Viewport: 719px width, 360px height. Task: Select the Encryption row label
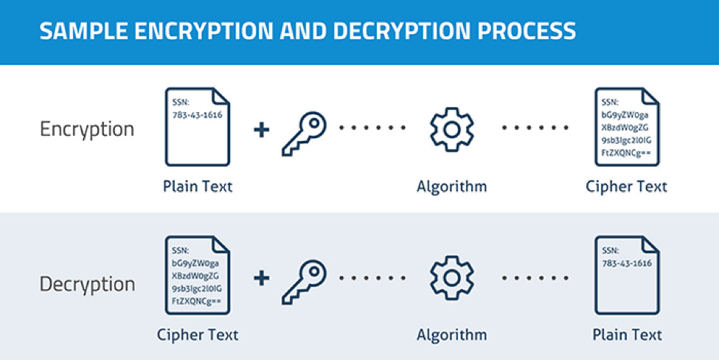tap(87, 129)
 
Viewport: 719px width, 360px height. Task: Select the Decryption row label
tap(87, 284)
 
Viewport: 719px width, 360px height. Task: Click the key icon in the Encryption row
tap(304, 134)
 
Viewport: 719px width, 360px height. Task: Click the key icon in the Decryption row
tap(304, 282)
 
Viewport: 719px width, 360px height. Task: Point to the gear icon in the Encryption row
tap(451, 130)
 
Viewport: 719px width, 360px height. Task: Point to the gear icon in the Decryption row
tap(451, 278)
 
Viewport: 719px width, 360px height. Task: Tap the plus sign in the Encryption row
tap(261, 130)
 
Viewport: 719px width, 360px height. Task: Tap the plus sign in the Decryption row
tap(261, 278)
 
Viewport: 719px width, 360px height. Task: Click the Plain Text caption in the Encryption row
tap(198, 187)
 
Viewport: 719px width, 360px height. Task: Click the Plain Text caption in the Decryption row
tap(628, 335)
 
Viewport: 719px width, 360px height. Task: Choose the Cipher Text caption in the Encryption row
tap(626, 187)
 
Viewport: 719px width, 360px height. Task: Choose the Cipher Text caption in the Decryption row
tap(198, 335)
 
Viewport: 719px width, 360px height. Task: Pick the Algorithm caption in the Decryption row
tap(451, 335)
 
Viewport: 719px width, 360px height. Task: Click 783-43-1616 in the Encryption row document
tap(197, 115)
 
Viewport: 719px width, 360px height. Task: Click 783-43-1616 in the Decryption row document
tap(627, 263)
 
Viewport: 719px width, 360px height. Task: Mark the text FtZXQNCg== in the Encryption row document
tap(626, 153)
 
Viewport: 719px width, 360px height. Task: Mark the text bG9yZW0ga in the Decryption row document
tap(195, 263)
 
